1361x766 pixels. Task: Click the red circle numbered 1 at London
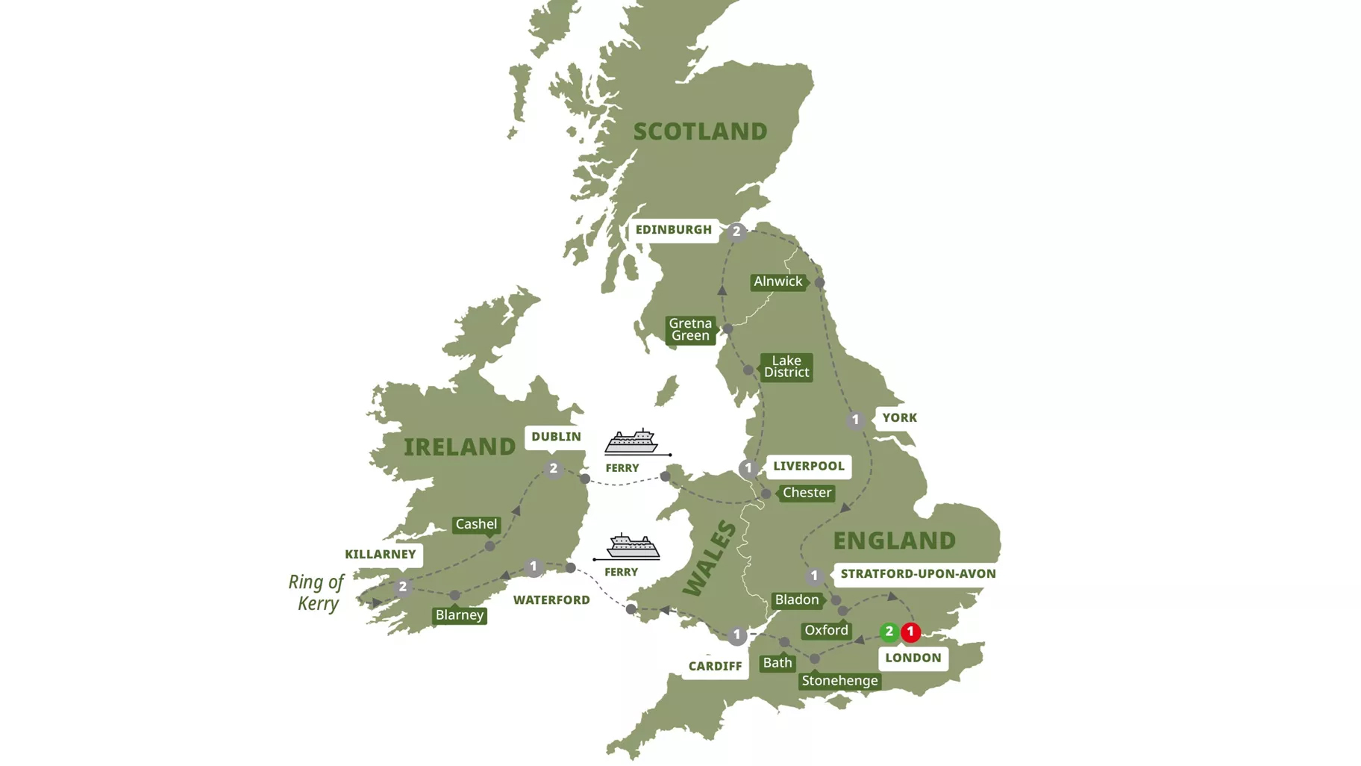point(910,632)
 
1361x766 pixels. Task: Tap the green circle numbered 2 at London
point(889,632)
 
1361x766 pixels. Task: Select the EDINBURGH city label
point(674,230)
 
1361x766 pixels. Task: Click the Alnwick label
point(778,281)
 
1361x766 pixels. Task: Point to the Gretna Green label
point(690,329)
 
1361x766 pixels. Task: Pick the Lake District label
point(786,367)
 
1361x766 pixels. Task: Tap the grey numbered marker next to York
point(855,420)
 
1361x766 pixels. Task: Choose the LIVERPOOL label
point(809,466)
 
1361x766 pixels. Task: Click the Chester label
point(807,493)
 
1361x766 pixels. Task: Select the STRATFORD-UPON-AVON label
point(918,573)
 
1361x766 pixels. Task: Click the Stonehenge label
point(839,681)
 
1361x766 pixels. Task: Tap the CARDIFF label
point(715,666)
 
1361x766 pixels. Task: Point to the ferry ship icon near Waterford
point(633,547)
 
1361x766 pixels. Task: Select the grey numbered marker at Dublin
point(553,469)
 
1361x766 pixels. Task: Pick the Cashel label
point(476,524)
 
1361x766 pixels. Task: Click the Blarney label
point(460,615)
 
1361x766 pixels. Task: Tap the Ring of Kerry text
point(316,592)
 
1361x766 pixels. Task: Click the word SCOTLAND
point(700,131)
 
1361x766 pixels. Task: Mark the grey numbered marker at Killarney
point(403,587)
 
